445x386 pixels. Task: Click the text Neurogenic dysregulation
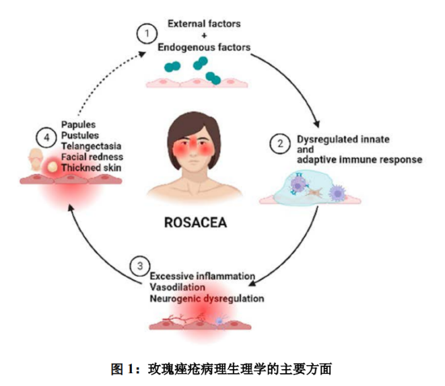point(206,297)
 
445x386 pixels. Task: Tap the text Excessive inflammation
point(202,276)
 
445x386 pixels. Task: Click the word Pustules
point(80,134)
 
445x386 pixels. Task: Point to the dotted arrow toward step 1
point(94,81)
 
